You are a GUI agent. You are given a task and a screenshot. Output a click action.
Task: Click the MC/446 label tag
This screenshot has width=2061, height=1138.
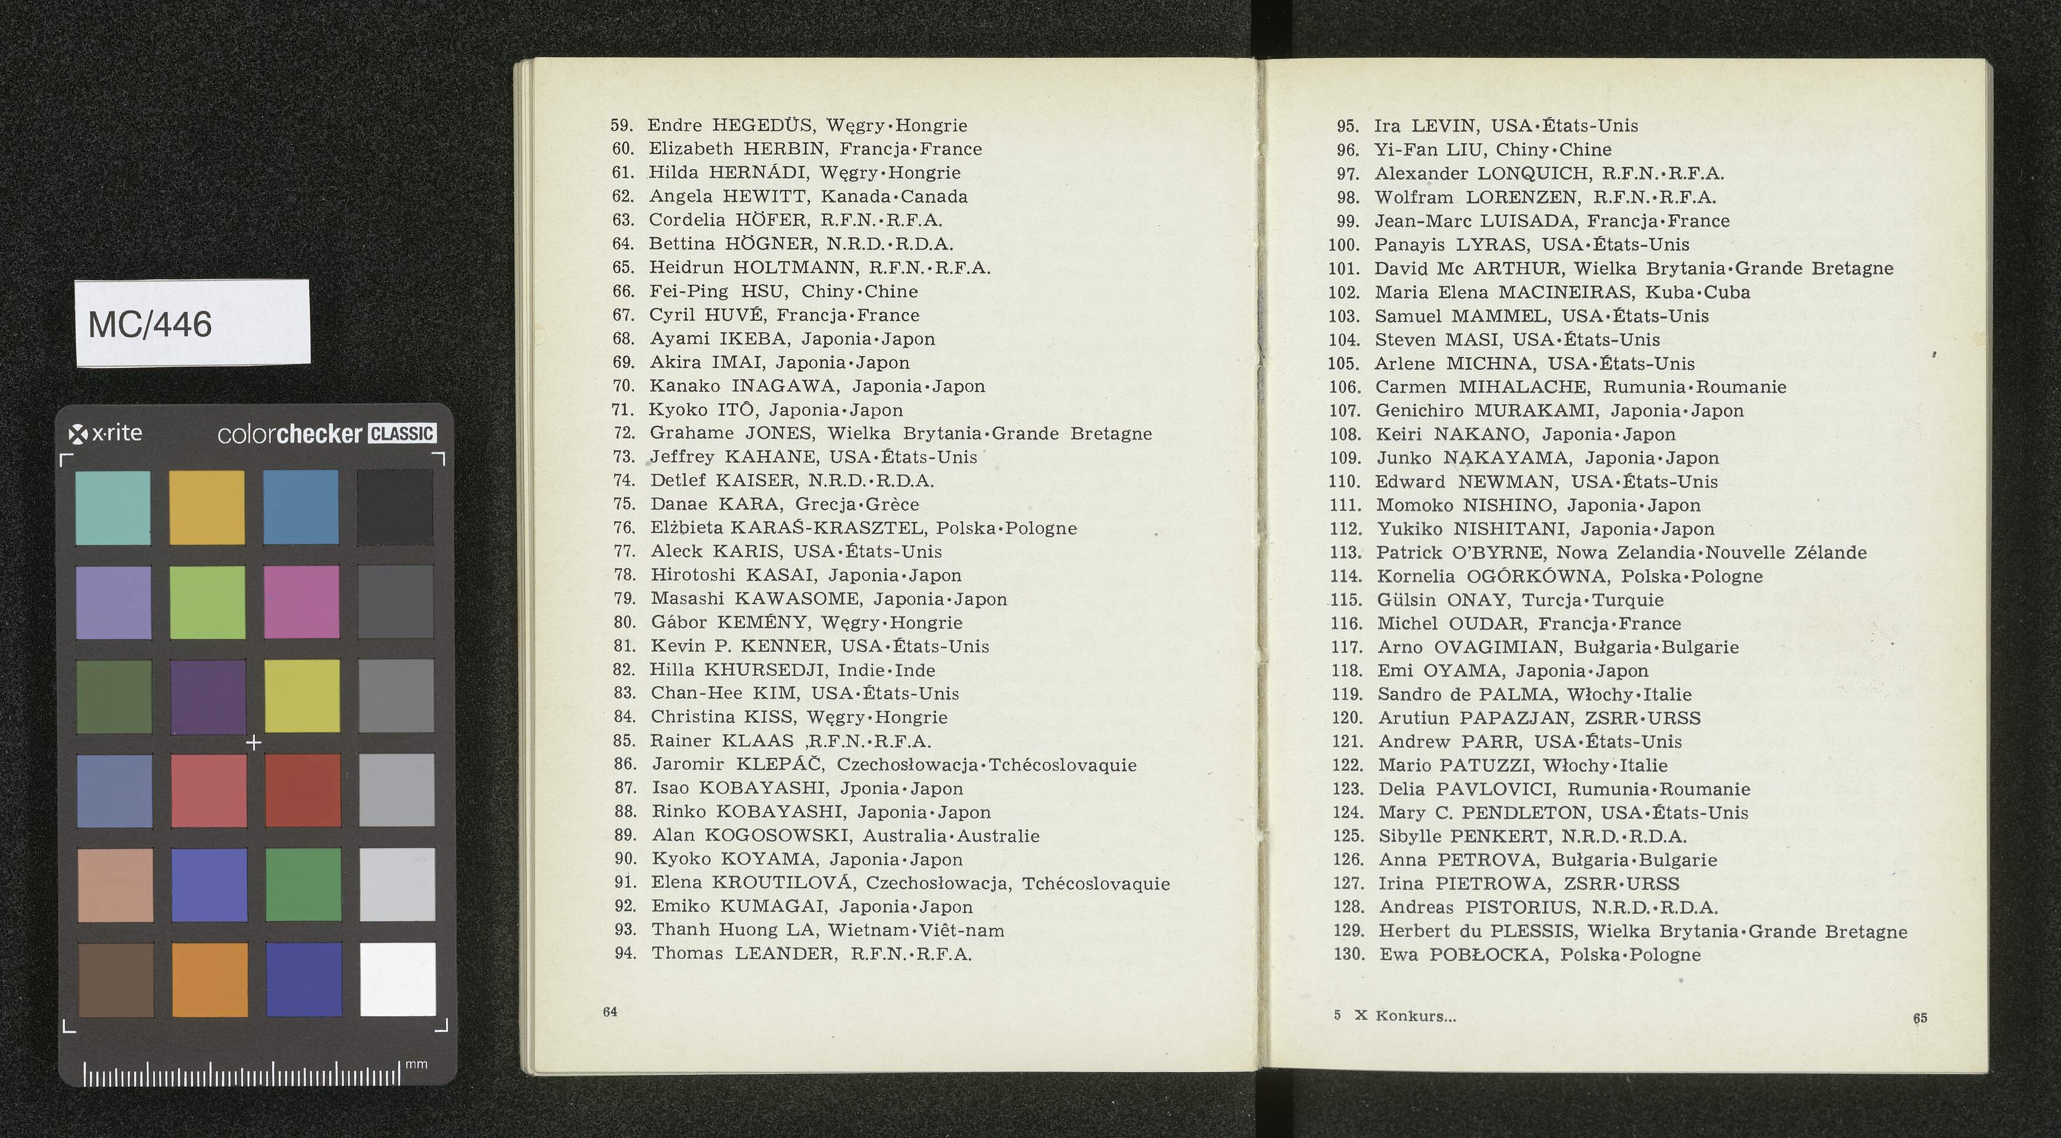click(192, 323)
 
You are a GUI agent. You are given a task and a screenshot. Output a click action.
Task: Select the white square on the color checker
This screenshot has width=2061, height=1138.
click(397, 979)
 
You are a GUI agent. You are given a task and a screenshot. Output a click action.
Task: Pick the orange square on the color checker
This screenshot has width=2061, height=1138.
click(209, 979)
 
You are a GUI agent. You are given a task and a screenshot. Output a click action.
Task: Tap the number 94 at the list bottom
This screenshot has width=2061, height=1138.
click(625, 953)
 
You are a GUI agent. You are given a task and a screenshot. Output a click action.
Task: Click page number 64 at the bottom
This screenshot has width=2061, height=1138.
click(609, 1011)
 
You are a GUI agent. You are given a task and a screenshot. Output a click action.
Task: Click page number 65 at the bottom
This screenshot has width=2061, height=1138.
click(1920, 1018)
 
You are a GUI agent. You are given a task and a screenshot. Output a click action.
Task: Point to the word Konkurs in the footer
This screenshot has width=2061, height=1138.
click(1416, 1017)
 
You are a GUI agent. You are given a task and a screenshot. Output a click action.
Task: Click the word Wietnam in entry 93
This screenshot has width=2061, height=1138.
click(868, 930)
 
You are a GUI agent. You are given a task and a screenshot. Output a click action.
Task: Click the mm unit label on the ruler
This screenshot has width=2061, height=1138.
click(416, 1064)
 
